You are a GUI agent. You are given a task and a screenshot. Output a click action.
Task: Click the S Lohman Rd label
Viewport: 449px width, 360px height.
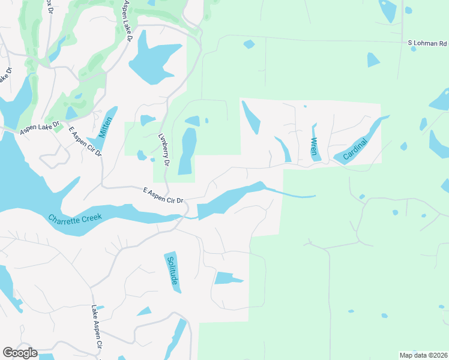[x=427, y=43]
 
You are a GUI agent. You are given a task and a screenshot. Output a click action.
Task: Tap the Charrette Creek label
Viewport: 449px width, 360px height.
[x=76, y=218]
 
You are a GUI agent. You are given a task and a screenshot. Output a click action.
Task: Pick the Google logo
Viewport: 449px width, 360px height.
[x=20, y=353]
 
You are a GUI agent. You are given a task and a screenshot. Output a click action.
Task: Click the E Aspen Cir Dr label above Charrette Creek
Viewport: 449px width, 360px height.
[x=166, y=196]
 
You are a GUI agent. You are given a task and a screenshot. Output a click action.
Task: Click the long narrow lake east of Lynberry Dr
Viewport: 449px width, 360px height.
[x=188, y=150]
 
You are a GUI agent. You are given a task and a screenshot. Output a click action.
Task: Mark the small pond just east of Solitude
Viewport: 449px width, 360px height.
[x=226, y=278]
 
